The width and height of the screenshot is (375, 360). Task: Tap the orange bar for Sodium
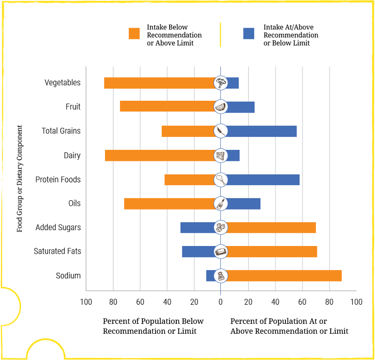point(284,276)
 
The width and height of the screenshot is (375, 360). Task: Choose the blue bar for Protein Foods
point(263,180)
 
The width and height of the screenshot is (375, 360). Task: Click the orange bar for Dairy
point(159,156)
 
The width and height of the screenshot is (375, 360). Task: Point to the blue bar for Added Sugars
point(197,228)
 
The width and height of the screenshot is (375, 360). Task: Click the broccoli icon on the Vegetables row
point(221,83)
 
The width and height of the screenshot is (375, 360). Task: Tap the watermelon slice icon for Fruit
point(221,107)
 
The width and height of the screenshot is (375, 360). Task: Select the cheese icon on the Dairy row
point(221,156)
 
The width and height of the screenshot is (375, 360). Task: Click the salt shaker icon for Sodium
point(221,276)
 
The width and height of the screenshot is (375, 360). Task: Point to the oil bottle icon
point(221,203)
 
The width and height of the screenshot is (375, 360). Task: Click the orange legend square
point(135,33)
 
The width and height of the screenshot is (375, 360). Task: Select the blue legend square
point(249,33)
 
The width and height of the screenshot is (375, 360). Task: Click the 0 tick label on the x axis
point(221,302)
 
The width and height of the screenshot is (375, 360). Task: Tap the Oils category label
point(74,203)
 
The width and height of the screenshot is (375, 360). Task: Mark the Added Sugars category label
point(58,228)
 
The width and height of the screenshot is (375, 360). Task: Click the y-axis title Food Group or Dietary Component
point(20,179)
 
